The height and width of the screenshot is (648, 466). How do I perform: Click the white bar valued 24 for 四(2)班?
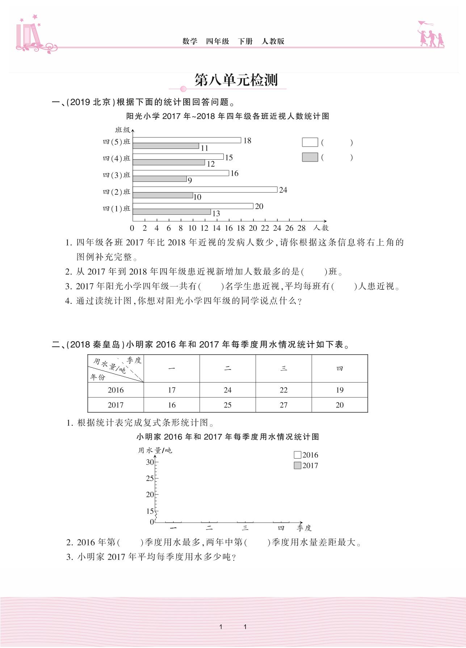(205, 189)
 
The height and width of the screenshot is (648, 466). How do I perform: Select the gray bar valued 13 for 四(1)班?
(172, 212)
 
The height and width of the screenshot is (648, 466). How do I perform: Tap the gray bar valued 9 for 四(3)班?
(160, 179)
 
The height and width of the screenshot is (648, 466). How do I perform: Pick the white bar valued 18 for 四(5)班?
(187, 140)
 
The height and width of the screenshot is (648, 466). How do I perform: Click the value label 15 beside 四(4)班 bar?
(229, 158)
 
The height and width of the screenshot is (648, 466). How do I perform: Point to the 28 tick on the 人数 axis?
(301, 228)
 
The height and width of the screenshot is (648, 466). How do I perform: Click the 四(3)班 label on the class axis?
(116, 175)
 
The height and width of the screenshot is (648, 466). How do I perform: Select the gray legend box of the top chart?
(310, 157)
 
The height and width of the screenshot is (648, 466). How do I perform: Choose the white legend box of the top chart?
(310, 142)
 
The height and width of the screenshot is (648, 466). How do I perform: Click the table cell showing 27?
(284, 405)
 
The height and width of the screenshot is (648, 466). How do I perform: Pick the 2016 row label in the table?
(116, 390)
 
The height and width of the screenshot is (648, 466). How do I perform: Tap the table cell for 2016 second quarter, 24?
(227, 390)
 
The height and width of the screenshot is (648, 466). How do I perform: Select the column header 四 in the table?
(339, 369)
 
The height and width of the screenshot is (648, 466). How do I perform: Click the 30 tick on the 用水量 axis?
(150, 462)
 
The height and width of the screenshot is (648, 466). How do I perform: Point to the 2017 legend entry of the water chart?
(306, 466)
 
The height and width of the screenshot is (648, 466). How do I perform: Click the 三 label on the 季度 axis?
(245, 528)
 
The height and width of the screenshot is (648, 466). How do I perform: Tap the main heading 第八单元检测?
(236, 80)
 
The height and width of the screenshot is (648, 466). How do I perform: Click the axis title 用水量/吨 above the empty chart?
(155, 450)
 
